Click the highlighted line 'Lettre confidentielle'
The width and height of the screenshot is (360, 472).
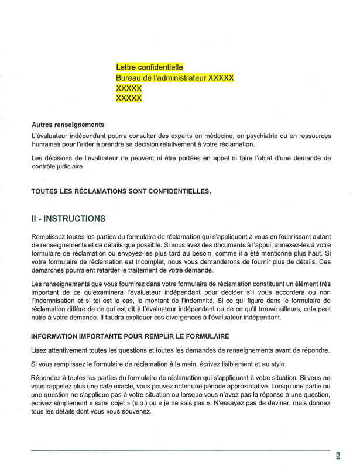point(150,67)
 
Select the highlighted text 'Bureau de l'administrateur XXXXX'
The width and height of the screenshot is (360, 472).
point(175,78)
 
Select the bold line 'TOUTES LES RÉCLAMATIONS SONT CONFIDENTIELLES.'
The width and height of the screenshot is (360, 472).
point(121,191)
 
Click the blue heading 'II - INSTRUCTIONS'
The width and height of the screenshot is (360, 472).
point(68,219)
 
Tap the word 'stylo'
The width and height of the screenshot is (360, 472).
point(276,364)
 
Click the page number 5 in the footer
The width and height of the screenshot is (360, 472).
point(338,456)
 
